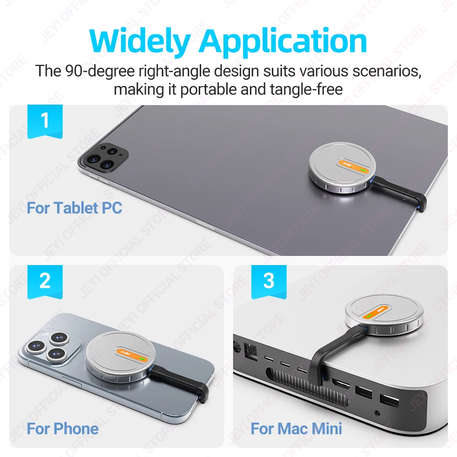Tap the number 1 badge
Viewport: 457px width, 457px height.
[x=45, y=122]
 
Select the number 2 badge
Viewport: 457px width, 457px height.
[x=45, y=282]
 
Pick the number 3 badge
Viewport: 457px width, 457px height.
[x=269, y=282]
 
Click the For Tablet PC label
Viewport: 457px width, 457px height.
[x=74, y=208]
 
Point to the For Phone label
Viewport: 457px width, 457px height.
[x=63, y=429]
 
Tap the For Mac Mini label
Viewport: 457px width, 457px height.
[x=297, y=429]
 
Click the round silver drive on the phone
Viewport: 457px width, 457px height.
[x=120, y=357]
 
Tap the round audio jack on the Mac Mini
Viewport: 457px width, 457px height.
[x=377, y=413]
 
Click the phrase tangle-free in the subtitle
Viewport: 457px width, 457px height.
[x=306, y=90]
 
